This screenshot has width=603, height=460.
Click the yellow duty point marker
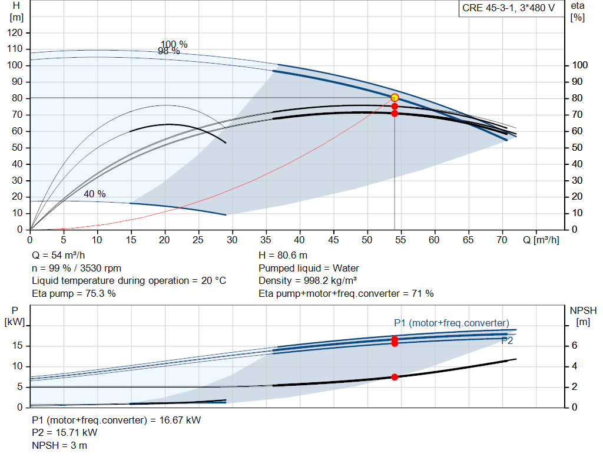(395, 98)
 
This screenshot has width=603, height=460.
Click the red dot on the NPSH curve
(395, 378)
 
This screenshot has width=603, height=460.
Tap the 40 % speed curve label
(95, 194)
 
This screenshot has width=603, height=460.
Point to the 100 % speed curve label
(174, 44)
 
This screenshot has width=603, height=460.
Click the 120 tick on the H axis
(15, 33)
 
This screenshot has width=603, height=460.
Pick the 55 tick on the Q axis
(400, 240)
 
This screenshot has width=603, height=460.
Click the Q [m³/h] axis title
(541, 240)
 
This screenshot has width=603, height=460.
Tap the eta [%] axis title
(578, 12)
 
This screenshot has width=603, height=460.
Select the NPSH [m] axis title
(583, 316)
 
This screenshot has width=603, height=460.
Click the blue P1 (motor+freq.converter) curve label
(452, 323)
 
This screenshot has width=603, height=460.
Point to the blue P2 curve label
(507, 341)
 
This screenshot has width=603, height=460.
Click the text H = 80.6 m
(283, 256)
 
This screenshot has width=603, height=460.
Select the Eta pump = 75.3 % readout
(74, 294)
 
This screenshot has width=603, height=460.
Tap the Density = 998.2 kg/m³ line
(307, 281)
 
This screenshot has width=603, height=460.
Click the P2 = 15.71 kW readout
(65, 433)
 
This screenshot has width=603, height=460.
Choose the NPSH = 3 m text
(59, 446)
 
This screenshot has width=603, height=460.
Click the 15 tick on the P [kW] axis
(17, 346)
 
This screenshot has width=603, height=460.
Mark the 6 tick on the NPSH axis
(574, 345)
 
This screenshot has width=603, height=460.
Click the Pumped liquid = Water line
(309, 268)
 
